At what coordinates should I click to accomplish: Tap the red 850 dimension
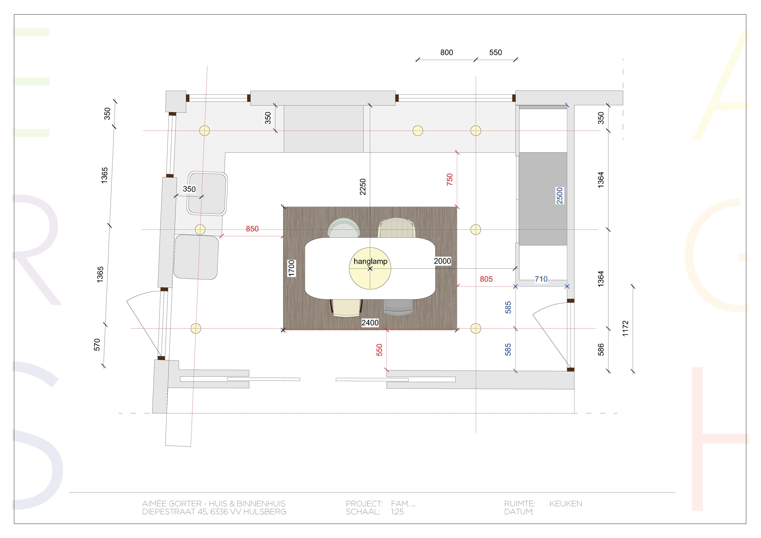252,229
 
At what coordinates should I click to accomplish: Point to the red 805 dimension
486,279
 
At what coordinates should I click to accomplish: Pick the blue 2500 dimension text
560,196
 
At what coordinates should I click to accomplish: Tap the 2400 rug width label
370,323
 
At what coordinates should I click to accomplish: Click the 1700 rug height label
291,268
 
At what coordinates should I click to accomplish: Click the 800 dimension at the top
447,52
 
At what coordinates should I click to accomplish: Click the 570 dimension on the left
97,345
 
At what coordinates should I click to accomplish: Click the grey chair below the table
398,307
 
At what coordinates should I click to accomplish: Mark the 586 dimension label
601,350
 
